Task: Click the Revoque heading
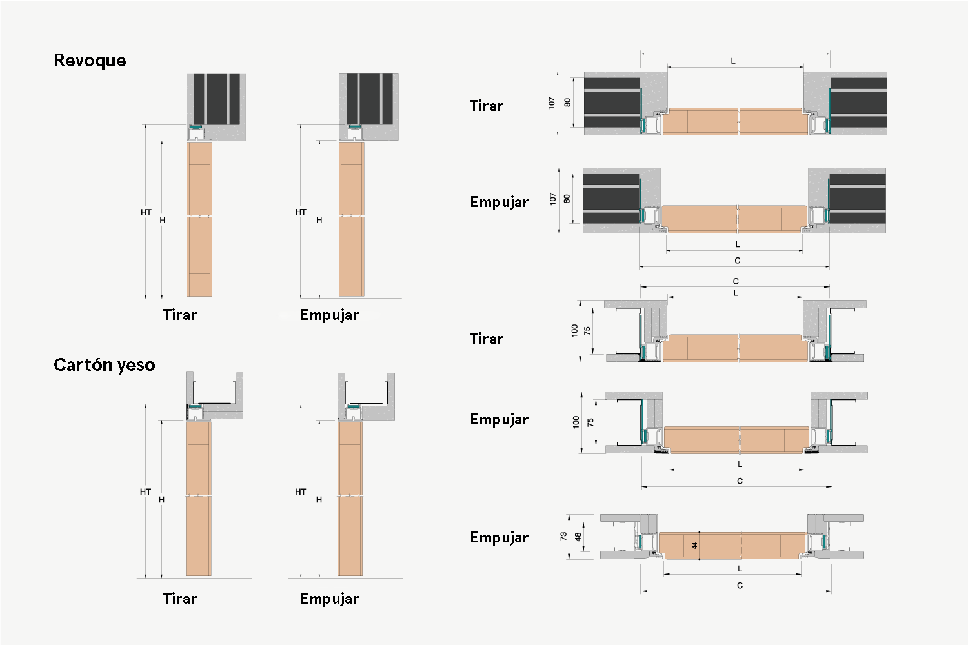(90, 61)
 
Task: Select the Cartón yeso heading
(104, 365)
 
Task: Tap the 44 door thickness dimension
(694, 546)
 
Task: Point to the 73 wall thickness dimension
(563, 536)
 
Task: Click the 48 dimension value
(578, 537)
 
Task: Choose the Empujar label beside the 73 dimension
(499, 537)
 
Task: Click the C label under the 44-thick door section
(740, 586)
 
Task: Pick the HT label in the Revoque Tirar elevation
(146, 212)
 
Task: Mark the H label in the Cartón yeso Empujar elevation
(319, 499)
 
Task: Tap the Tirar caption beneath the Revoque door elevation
(180, 315)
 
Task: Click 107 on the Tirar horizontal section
(551, 103)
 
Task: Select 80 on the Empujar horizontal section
(567, 199)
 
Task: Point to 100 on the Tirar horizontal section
(574, 330)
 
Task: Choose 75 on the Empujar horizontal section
(590, 422)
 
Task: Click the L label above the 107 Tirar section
(733, 61)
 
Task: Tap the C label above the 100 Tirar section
(736, 281)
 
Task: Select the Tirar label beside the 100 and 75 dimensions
(487, 339)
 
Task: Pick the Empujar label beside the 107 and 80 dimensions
(499, 202)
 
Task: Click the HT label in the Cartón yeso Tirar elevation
(145, 491)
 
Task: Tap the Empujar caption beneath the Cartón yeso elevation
(329, 599)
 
